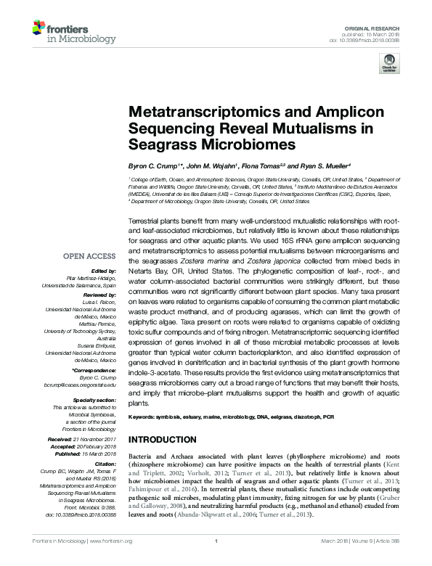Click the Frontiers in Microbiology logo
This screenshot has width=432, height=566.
[x=63, y=33]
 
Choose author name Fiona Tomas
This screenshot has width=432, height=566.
[x=264, y=165]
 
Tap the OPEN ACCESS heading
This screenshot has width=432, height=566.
[x=90, y=256]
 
